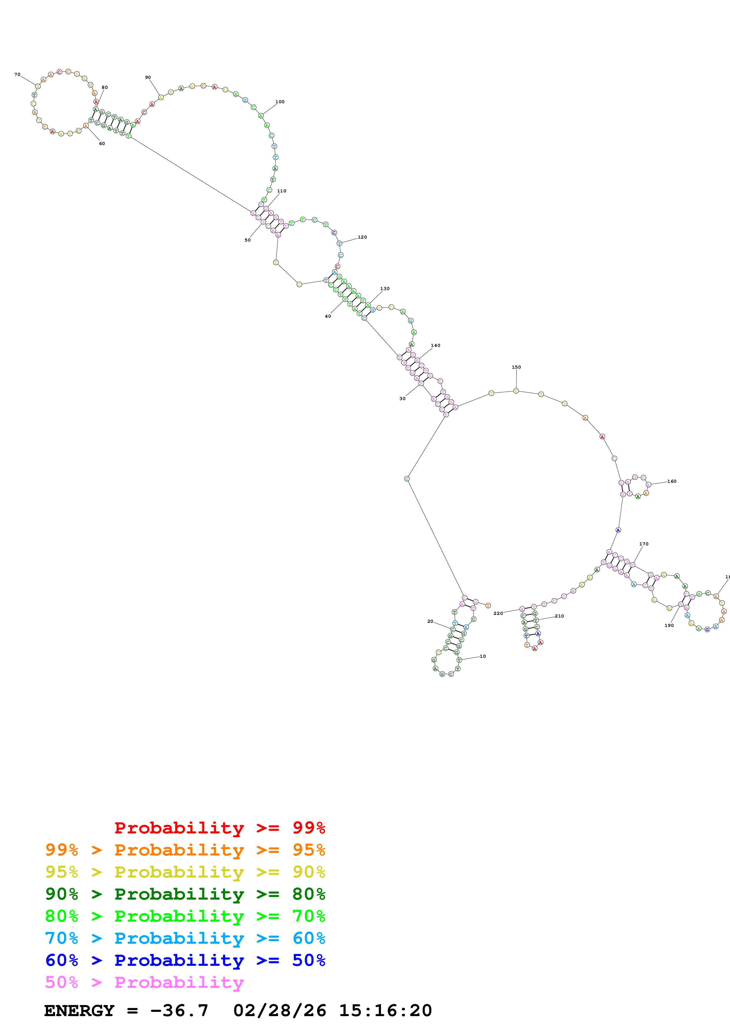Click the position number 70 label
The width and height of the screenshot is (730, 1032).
[17, 75]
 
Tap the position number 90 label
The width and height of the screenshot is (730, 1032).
[148, 78]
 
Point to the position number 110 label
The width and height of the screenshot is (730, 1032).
[282, 191]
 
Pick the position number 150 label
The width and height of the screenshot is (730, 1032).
[516, 367]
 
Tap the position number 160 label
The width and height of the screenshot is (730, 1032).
[671, 481]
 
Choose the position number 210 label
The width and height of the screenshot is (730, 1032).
[559, 616]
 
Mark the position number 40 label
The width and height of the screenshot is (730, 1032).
[328, 317]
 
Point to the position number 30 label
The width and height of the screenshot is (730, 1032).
[402, 399]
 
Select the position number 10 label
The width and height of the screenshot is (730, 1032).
[483, 657]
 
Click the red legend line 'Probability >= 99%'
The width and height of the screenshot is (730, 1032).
[219, 828]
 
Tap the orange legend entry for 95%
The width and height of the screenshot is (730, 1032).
[185, 850]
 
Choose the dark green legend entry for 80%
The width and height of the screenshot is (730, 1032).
[185, 894]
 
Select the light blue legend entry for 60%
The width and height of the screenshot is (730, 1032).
[185, 938]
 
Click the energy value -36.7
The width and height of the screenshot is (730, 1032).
[179, 1011]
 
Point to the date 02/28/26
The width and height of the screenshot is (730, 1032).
[280, 1011]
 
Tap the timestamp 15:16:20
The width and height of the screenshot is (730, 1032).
[385, 1011]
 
